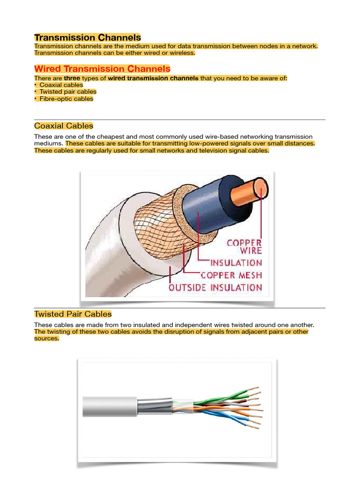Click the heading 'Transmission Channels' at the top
point(88,37)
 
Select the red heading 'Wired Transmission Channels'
point(102,69)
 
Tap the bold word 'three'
point(72,78)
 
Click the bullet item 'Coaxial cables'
point(61,85)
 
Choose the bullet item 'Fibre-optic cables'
point(66,99)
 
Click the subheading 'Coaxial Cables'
point(64,126)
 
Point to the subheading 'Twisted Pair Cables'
point(73,314)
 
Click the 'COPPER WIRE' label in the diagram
point(244,247)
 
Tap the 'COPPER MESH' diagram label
point(231,275)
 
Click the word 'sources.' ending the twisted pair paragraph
point(47,338)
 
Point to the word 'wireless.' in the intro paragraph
point(180,53)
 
